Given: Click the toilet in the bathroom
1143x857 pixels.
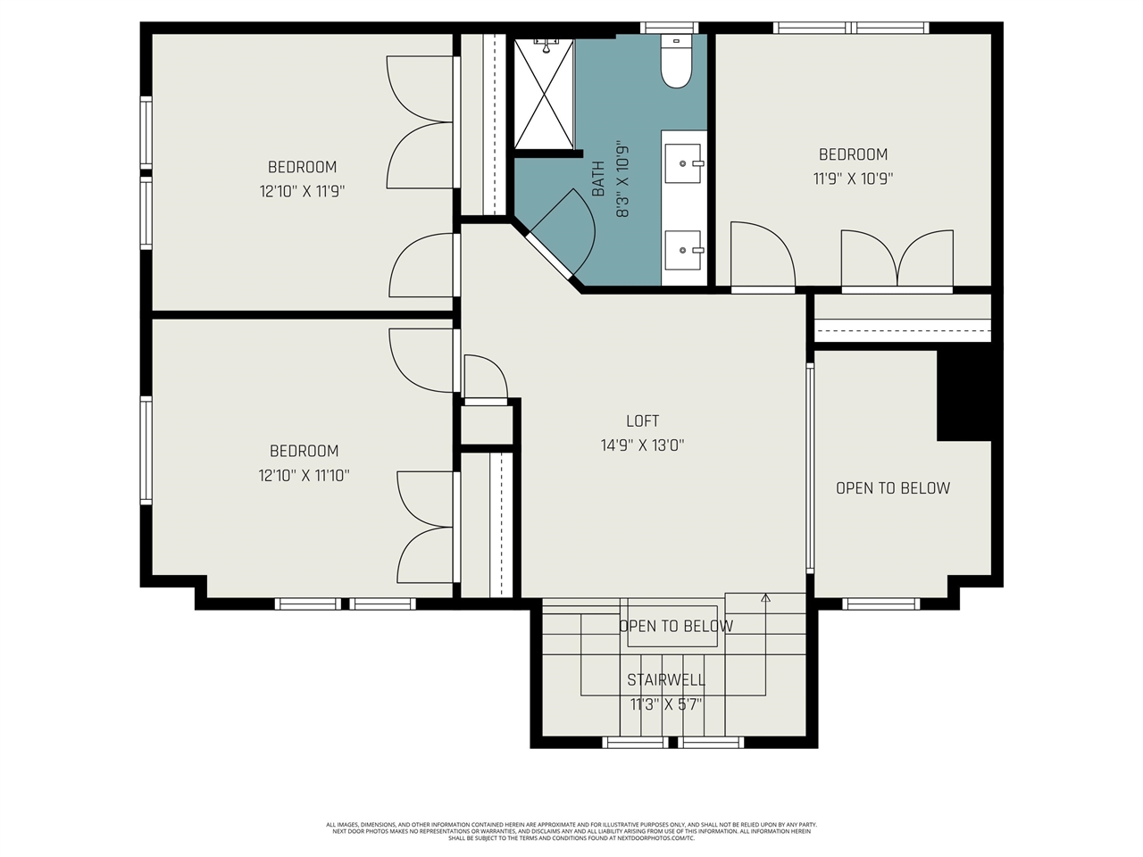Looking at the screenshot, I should (x=676, y=62).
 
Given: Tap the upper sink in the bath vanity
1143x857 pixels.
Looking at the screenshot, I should (x=684, y=163).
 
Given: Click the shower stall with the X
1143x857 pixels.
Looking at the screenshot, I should (x=544, y=94).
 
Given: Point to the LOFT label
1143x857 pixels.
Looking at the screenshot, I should (x=642, y=421).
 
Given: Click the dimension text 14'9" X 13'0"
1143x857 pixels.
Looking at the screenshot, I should (x=642, y=445).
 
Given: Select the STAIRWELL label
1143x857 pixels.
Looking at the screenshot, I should (x=665, y=680).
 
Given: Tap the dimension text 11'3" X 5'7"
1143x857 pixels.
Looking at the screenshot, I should (x=666, y=704).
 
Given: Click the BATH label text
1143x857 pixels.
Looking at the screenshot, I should (x=598, y=179).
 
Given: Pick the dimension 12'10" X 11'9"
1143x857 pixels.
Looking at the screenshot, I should (x=302, y=191).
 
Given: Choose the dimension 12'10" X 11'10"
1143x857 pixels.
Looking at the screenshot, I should (x=304, y=476).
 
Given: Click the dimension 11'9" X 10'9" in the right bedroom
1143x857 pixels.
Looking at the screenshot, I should (x=853, y=179).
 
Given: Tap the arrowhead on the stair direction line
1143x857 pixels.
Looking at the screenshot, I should (x=765, y=598).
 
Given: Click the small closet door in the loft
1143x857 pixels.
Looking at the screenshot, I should (x=486, y=378).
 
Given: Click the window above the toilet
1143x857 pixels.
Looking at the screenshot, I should (x=670, y=28).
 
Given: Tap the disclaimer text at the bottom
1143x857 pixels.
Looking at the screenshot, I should (x=571, y=831).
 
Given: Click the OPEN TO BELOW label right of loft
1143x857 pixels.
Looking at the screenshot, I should (x=893, y=488).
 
